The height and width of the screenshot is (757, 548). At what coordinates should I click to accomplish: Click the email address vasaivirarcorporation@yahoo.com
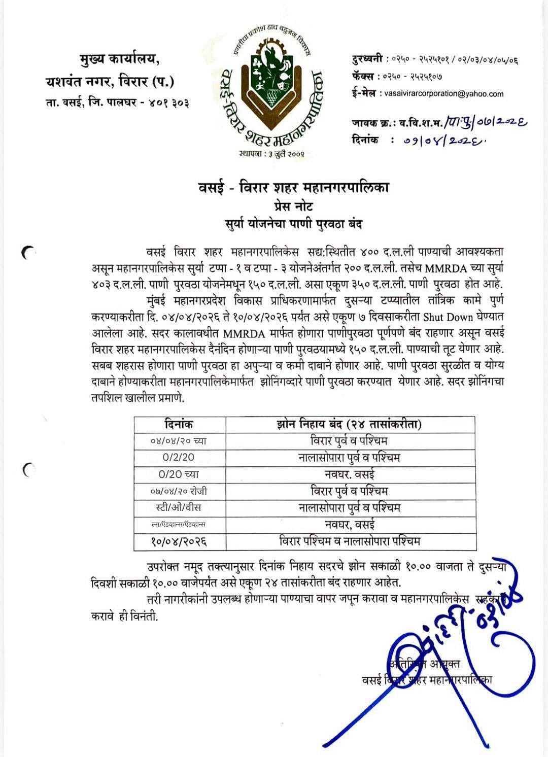pos(444,94)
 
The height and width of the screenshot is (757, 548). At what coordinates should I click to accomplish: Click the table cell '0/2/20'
pos(179,457)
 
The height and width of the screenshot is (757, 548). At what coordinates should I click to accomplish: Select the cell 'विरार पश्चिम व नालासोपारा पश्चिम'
pos(350,542)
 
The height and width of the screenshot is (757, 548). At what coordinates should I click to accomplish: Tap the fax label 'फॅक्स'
pos(365,76)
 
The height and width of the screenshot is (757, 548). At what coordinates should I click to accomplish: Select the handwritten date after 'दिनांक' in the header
pos(441,141)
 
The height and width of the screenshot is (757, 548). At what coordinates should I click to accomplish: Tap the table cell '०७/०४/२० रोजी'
pos(179,491)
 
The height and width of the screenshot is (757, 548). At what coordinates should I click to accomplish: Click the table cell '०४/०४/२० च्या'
pos(179,440)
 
